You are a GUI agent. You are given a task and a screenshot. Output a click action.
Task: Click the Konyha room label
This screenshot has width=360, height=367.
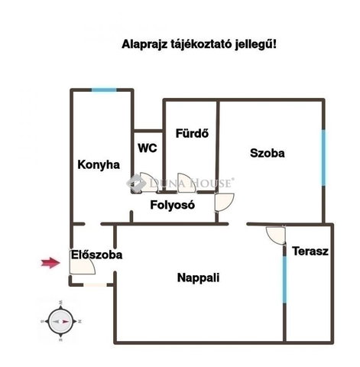99,165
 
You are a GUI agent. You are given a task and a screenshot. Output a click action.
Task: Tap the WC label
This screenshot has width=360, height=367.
148,148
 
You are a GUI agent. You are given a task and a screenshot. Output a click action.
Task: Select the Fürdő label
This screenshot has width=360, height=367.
192,133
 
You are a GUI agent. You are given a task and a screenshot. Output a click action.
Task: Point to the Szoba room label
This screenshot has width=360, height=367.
268,153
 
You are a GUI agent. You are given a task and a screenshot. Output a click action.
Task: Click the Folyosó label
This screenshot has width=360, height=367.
173,205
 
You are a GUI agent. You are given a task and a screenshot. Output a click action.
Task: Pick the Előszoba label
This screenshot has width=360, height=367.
97,255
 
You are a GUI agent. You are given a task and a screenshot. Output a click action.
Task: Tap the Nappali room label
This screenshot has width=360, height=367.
198,278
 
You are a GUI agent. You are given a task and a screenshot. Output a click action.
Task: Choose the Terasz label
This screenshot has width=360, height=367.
310,252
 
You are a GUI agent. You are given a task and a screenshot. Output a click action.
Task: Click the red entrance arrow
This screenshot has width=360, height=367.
50,263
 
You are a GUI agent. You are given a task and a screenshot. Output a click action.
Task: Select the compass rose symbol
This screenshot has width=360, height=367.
61,321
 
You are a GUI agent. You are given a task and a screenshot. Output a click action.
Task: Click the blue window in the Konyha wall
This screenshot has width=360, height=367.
104,89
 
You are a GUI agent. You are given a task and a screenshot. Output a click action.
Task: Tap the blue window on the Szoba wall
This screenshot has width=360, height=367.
323,158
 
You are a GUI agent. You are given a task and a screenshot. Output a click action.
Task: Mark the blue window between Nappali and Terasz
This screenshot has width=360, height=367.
284,279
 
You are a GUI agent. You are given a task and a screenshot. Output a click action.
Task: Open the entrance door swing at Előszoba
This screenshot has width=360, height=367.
83,261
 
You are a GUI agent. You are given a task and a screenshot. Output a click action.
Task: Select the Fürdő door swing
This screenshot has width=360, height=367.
186,183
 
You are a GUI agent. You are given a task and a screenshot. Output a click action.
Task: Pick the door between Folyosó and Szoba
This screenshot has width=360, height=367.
225,203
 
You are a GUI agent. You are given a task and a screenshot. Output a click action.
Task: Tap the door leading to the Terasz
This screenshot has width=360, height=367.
276,235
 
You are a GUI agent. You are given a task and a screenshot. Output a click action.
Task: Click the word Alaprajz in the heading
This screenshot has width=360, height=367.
144,44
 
